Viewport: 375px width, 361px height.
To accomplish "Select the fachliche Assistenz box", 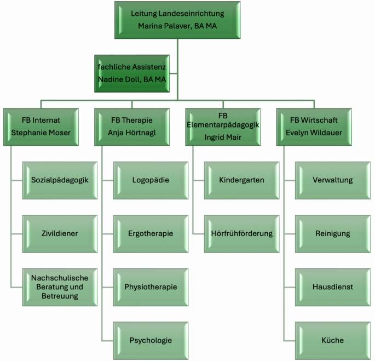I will tap(131, 74).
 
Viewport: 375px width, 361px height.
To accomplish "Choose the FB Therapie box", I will tap(131, 127).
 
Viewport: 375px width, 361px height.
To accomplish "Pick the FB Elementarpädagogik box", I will tap(222, 127).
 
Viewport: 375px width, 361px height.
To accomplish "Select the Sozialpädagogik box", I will tap(60, 180).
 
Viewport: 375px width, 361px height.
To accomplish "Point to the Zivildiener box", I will tap(60, 233).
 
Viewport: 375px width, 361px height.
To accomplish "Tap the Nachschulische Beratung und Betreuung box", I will tap(60, 287).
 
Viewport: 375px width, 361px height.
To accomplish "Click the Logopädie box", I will tap(151, 180).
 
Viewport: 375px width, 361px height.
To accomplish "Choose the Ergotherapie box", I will tap(151, 233).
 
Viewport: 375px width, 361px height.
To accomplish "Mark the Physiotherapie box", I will tap(151, 287).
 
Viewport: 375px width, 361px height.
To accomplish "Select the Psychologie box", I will tap(151, 340).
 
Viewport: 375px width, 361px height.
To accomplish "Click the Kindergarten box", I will tap(241, 180).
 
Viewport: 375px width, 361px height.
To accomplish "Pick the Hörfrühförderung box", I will tap(241, 233).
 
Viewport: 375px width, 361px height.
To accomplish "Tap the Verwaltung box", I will tap(333, 180).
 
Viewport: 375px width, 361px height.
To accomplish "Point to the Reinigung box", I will tap(333, 233).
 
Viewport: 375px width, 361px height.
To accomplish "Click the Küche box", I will tap(333, 340).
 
